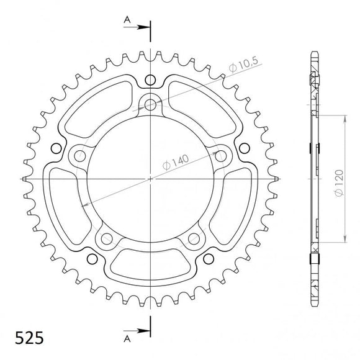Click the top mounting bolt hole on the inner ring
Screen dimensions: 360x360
150,103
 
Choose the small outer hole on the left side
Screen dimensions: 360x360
55,148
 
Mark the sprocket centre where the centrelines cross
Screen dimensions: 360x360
150,179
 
